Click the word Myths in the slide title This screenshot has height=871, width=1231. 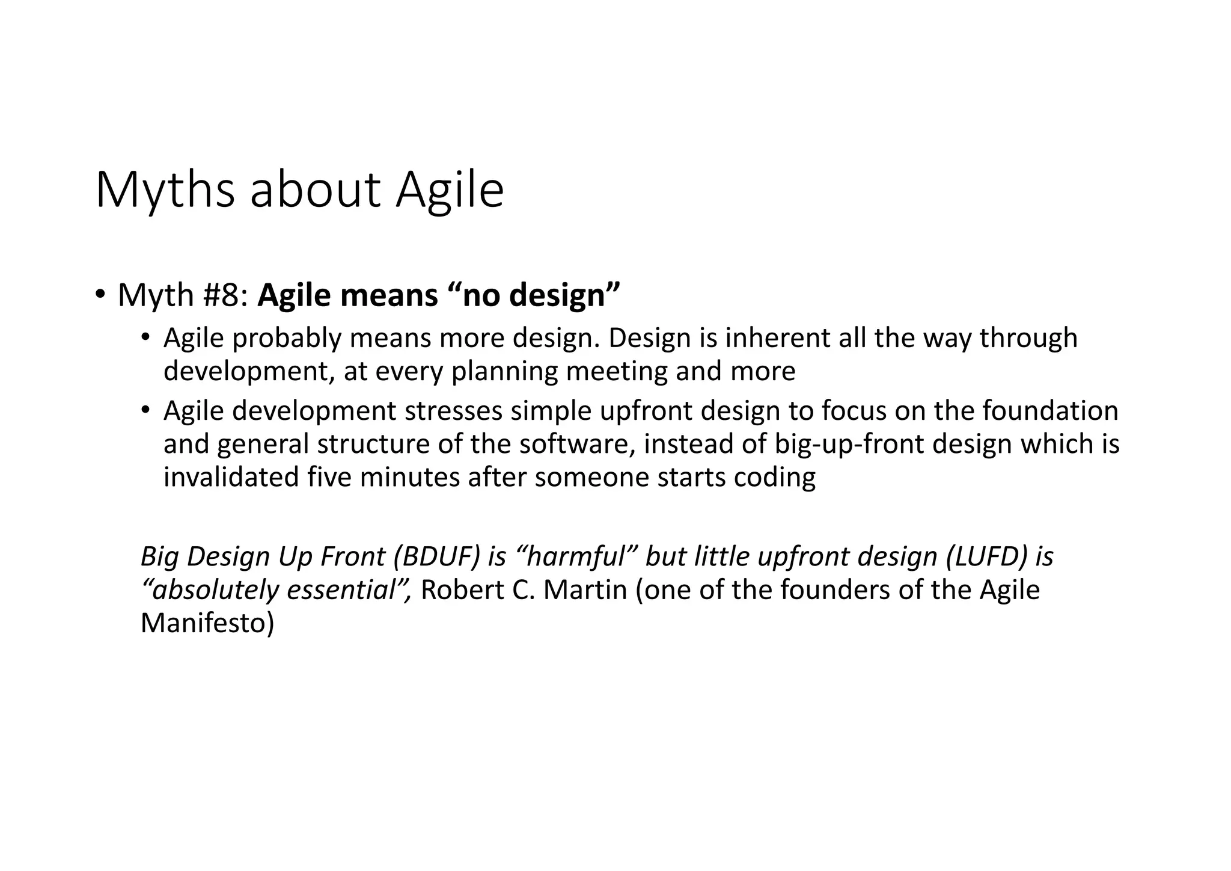tap(165, 191)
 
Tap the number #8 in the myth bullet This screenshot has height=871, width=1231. tap(225, 295)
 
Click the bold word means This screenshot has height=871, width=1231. tap(389, 295)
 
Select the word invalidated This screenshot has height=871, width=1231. tap(231, 478)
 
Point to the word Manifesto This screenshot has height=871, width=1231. tap(207, 623)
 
